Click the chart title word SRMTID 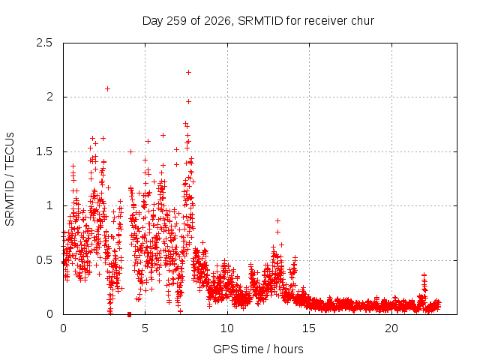(x=260, y=21)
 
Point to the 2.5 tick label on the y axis (x=44, y=43)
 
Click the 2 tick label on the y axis (x=50, y=97)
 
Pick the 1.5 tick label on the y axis (x=44, y=151)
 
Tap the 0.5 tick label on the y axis (x=44, y=260)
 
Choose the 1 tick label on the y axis (x=50, y=205)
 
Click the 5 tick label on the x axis (x=145, y=328)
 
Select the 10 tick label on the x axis (x=227, y=328)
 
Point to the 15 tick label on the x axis (x=309, y=328)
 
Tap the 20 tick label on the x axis (x=391, y=328)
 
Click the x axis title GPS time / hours (x=258, y=349)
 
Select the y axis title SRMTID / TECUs (x=10, y=179)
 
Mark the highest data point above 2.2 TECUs (x=188, y=72)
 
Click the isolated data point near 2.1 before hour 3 (x=107, y=88)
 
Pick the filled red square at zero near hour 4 (x=129, y=314)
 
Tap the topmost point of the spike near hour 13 (x=277, y=220)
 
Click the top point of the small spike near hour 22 (x=424, y=275)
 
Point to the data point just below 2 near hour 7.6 (x=188, y=101)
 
